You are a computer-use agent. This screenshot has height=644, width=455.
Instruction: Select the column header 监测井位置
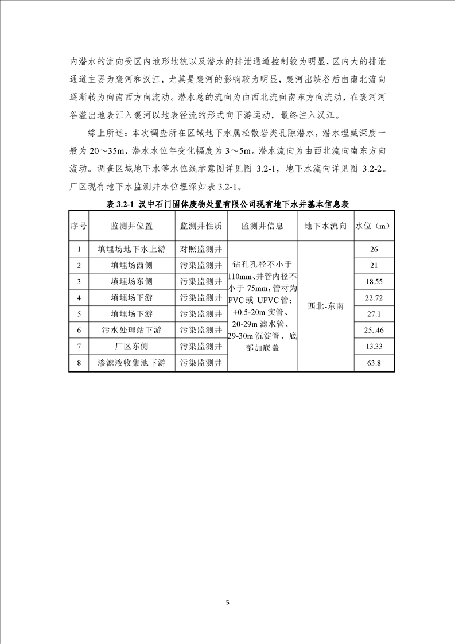tap(132, 226)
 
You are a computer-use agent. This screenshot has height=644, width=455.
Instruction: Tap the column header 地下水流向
tap(325, 226)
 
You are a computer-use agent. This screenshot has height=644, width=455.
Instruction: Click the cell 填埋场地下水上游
tap(132, 249)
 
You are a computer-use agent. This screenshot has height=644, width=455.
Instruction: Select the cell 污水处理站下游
tap(132, 331)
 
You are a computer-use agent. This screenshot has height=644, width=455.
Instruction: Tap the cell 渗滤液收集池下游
tap(132, 363)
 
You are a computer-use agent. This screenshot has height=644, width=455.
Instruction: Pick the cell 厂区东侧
tap(132, 347)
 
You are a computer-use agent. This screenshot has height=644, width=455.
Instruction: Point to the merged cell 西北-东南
tap(325, 306)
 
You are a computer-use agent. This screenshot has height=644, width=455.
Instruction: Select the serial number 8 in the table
tap(79, 363)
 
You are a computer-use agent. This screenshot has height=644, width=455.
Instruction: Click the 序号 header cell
tap(79, 226)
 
